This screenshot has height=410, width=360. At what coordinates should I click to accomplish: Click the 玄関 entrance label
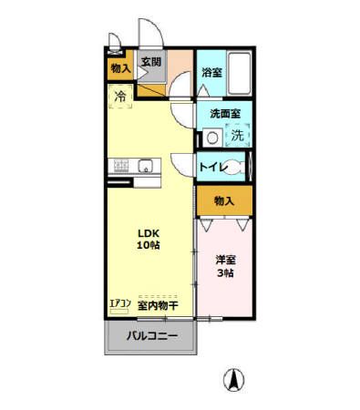[x=151, y=63]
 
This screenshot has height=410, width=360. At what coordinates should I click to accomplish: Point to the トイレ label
[x=213, y=167]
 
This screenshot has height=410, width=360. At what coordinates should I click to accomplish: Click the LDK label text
[x=149, y=231]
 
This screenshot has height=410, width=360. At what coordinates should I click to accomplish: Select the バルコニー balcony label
[x=151, y=336]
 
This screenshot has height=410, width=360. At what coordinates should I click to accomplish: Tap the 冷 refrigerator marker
[x=120, y=94]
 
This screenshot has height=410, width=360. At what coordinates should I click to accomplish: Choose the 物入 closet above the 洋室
[x=224, y=200]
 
